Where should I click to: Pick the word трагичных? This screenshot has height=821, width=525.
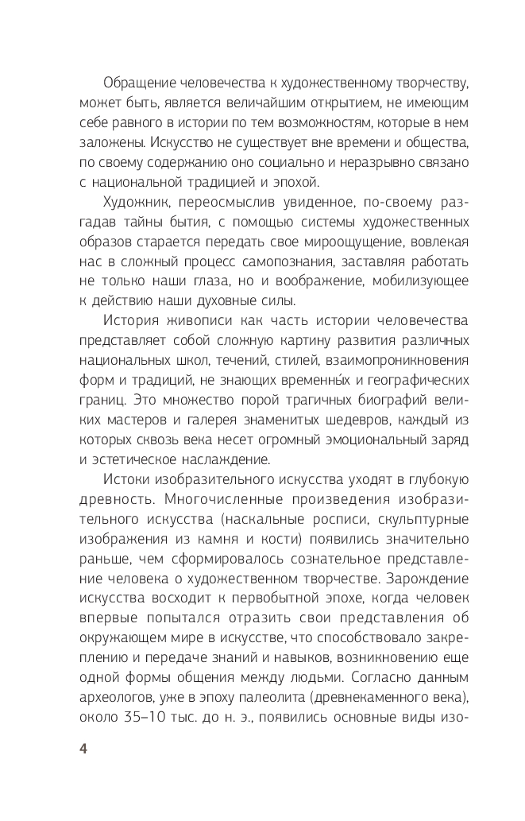pos(286,398)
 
